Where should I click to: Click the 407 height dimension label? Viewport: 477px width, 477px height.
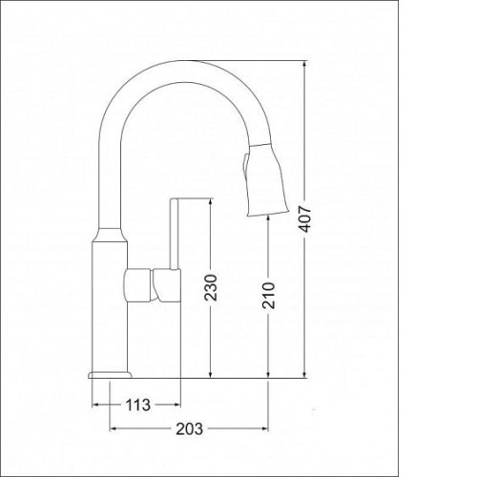(x=305, y=218)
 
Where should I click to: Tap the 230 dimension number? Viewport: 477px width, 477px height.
(x=211, y=287)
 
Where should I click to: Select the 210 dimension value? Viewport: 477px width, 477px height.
(x=269, y=295)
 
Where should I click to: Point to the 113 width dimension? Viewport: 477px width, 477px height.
(x=137, y=404)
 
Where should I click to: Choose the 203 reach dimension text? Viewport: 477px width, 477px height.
(x=190, y=429)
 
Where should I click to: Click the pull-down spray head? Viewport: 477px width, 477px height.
(x=266, y=180)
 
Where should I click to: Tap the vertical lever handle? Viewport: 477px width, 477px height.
(x=174, y=234)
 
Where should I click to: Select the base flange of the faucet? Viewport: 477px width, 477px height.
(x=110, y=375)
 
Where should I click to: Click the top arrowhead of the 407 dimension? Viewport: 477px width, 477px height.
(x=305, y=64)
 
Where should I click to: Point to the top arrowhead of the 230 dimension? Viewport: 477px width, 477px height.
(x=210, y=202)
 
